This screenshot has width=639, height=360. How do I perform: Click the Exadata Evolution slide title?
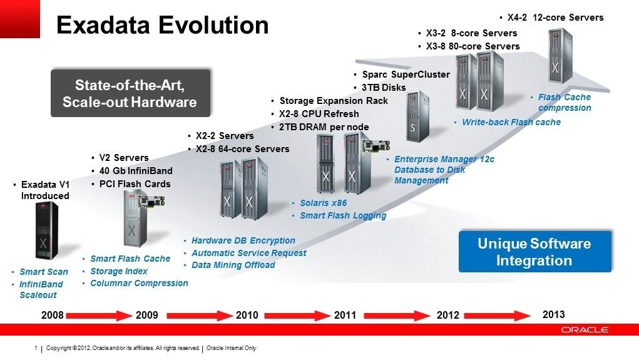coord(163,25)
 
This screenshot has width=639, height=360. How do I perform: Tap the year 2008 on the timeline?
coord(53,315)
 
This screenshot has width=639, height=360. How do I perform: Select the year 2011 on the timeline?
coord(345,315)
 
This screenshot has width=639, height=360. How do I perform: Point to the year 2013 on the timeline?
coord(553,314)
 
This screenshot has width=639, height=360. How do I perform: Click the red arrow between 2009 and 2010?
coord(200,316)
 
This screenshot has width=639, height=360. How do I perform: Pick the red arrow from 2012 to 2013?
coord(497,316)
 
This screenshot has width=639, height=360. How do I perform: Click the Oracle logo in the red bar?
coord(585,330)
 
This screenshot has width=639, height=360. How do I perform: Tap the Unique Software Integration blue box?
coord(534,252)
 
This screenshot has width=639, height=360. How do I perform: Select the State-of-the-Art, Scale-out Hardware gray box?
coord(130,93)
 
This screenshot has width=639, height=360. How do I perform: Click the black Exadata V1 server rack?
coord(46,230)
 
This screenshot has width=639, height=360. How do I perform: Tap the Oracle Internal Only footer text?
coord(231,347)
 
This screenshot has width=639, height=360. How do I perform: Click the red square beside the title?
coord(20,19)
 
